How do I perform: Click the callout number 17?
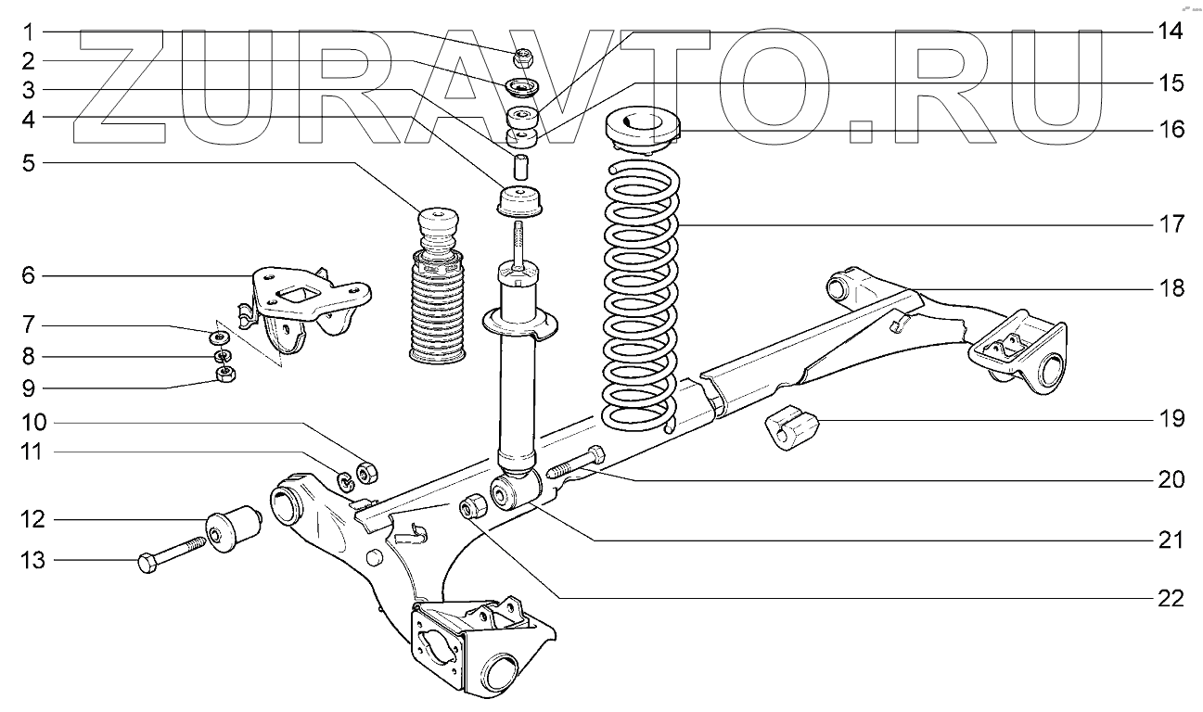pyautogui.click(x=1171, y=224)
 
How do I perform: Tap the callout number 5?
pyautogui.click(x=29, y=164)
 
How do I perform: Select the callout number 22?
pyautogui.click(x=1171, y=599)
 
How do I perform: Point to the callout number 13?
pyautogui.click(x=29, y=561)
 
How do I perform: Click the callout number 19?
pyautogui.click(x=1171, y=419)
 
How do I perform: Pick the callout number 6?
pyautogui.click(x=29, y=275)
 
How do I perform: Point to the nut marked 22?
pyautogui.click(x=472, y=507)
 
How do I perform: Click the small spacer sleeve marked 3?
pyautogui.click(x=521, y=167)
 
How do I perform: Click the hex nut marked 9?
pyautogui.click(x=224, y=374)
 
